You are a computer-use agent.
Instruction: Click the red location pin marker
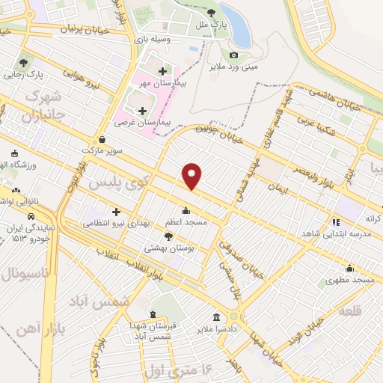[192, 175]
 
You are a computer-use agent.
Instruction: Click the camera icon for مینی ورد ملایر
[234, 55]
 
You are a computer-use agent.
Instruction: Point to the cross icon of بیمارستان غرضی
[142, 110]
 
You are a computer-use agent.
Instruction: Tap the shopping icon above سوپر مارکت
[102, 138]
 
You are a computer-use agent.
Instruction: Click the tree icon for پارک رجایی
[25, 62]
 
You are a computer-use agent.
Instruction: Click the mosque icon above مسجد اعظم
[186, 210]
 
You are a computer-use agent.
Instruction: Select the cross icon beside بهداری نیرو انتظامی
[116, 212]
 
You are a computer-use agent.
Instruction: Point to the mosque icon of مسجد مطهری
[349, 268]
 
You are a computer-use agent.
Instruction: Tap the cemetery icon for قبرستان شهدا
[153, 315]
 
